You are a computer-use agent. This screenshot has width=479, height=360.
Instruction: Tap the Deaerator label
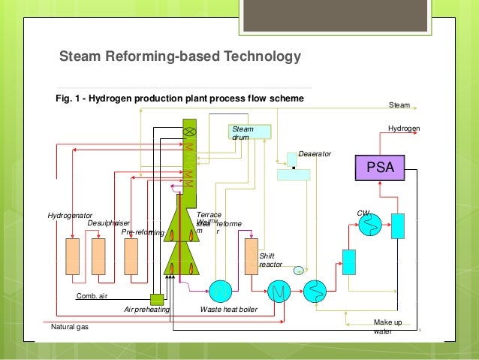[315, 153]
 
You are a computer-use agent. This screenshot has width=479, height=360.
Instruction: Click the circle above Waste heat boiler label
[222, 289]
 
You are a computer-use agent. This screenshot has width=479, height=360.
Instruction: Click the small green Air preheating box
[157, 299]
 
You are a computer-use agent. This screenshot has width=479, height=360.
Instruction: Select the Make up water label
[387, 326]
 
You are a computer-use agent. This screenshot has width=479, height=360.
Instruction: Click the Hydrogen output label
[404, 129]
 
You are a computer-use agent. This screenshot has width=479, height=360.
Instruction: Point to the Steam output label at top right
[399, 104]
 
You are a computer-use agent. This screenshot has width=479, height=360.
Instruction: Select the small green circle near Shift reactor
[298, 271]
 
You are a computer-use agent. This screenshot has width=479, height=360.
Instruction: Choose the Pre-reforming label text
[143, 232]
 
